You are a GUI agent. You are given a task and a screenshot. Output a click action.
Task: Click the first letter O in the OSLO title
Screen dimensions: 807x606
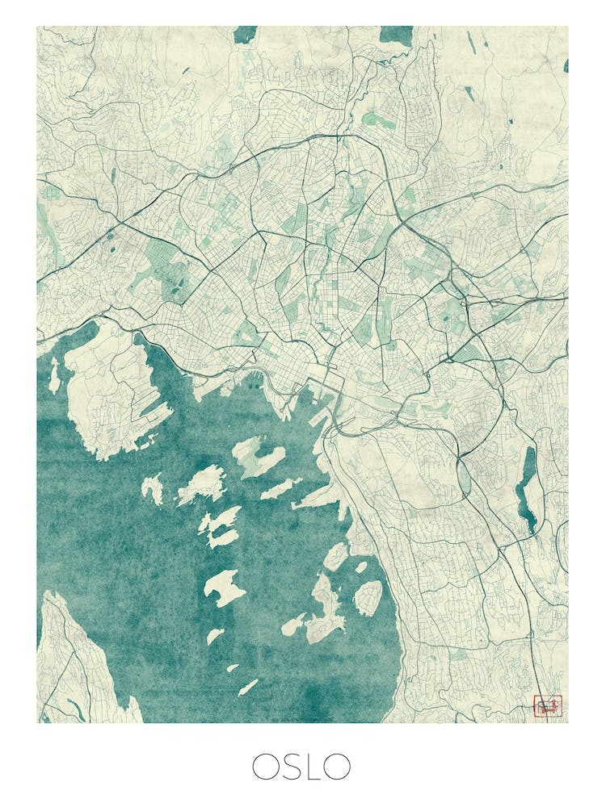coord(265,766)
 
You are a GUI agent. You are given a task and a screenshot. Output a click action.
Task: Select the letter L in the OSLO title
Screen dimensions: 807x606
coord(315,766)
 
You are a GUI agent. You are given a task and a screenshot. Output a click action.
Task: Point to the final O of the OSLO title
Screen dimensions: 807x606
coord(338,766)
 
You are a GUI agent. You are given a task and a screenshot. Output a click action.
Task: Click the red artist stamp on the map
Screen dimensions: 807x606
coord(547,706)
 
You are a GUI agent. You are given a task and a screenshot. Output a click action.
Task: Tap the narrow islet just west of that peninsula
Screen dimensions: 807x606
coord(54,375)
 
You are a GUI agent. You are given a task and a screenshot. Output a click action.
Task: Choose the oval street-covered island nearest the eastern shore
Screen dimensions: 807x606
coord(368,597)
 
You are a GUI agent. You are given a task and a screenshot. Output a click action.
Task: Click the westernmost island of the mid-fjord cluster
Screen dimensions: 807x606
coord(152,488)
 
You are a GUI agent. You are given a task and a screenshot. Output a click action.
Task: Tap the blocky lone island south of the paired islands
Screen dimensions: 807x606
coord(224,587)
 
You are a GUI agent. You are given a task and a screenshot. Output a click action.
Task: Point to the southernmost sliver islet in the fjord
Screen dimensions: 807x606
coord(248,687)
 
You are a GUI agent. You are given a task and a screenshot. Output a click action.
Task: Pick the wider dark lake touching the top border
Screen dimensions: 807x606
coord(396,34)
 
